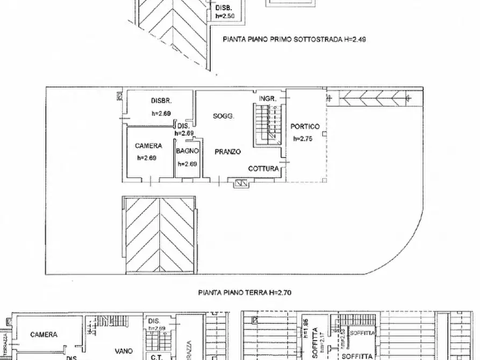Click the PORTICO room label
click(x=305, y=127)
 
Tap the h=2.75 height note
click(x=303, y=139)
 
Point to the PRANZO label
click(x=227, y=152)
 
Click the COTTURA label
click(x=263, y=169)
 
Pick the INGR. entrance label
click(x=268, y=99)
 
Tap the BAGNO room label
click(x=188, y=152)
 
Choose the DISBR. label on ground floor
click(x=161, y=100)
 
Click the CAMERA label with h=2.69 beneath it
click(x=148, y=146)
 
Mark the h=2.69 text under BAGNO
click(x=188, y=164)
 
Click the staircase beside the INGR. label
click(x=268, y=125)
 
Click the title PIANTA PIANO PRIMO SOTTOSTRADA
click(x=295, y=39)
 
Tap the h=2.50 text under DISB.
click(x=225, y=17)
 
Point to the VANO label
click(x=123, y=350)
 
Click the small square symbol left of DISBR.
click(x=119, y=96)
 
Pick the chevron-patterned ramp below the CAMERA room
click(x=159, y=235)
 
